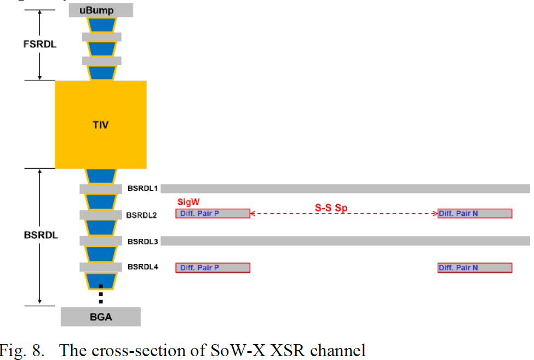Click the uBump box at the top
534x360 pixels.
101,10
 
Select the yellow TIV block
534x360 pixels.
101,124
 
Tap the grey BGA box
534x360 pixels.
101,317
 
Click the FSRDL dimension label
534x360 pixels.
40,44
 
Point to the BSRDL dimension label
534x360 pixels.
41,235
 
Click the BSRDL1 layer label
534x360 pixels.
143,188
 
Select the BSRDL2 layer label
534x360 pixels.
142,215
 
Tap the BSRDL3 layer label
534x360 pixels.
143,242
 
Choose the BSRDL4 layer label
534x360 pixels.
143,267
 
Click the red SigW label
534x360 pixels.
188,202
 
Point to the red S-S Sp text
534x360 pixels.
331,208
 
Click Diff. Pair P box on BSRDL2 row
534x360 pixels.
213,214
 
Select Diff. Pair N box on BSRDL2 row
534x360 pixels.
475,214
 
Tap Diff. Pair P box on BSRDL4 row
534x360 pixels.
213,268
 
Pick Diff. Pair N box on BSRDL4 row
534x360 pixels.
475,268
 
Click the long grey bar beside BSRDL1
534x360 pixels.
346,188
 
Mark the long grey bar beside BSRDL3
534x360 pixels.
346,241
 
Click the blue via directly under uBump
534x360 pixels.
102,25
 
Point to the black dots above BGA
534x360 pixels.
101,294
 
